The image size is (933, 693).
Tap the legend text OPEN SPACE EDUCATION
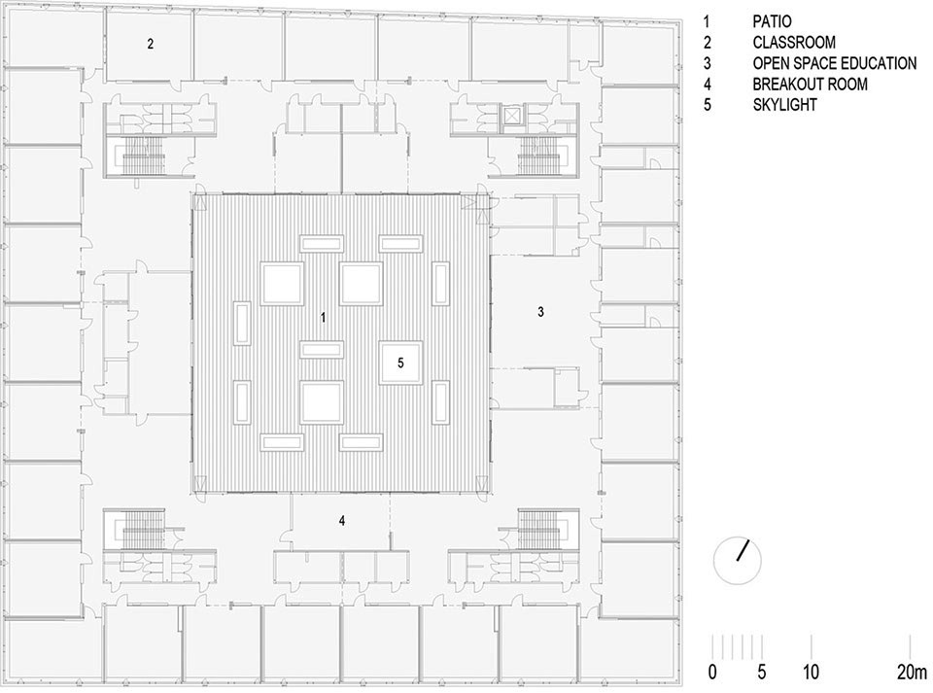[x=834, y=63]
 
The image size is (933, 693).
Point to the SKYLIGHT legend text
[x=784, y=105]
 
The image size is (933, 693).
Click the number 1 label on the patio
[x=324, y=318]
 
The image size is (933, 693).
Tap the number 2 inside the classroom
[x=150, y=44]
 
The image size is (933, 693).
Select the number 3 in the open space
[x=541, y=312]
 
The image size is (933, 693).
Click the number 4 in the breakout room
[x=342, y=521]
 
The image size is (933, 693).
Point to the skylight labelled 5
[x=400, y=362]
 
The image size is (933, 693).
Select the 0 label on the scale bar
[x=712, y=672]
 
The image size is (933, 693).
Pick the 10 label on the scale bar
[x=812, y=672]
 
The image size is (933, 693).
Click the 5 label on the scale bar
[x=762, y=672]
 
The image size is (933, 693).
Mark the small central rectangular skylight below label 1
[x=324, y=350]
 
